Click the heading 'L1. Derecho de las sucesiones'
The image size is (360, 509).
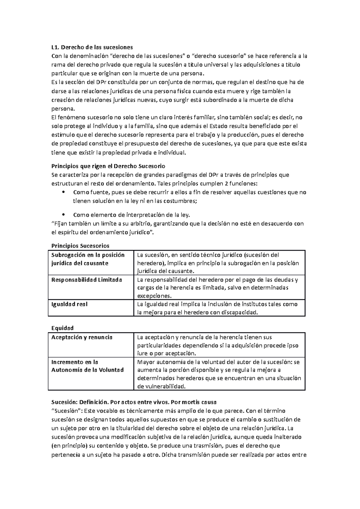(x=92, y=47)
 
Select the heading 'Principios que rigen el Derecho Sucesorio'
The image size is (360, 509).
(x=108, y=166)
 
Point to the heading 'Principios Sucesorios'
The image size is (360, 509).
(x=80, y=246)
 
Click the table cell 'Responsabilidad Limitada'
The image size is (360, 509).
(x=87, y=280)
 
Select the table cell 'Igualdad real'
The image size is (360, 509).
(x=70, y=304)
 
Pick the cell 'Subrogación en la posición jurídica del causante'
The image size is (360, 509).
(x=88, y=259)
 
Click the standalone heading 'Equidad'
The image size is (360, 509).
(x=62, y=328)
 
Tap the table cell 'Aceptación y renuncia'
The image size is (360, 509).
(x=82, y=337)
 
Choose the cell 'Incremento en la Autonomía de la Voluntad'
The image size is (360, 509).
(x=88, y=366)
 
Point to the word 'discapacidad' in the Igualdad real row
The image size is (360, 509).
(x=239, y=312)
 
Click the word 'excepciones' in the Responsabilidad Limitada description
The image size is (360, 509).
(x=154, y=296)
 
